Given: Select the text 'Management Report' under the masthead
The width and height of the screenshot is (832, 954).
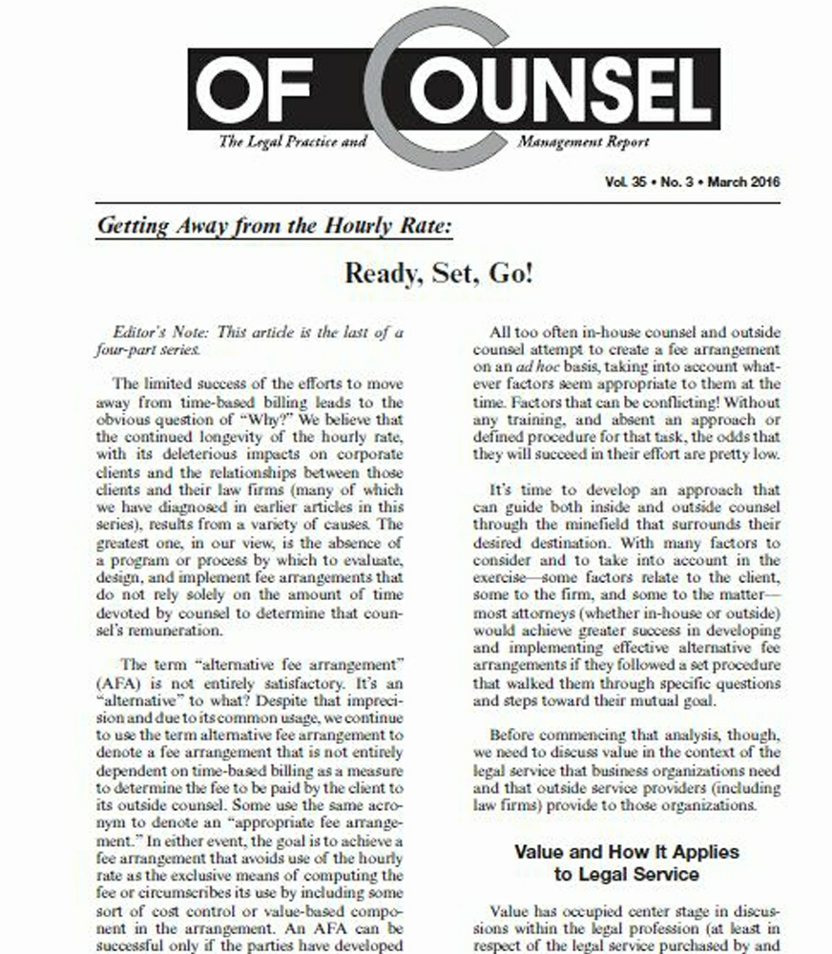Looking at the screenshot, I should coord(583,142).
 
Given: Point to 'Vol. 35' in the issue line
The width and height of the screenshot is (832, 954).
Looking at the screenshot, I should coord(625,181).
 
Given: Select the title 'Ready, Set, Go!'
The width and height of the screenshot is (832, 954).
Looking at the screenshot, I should coord(439,274).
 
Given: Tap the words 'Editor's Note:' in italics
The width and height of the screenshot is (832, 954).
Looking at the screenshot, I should coord(158,332).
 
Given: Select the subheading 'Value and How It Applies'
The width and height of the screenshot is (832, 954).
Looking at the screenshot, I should coord(626,851).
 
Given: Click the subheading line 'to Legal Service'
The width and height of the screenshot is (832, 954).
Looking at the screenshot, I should coord(626,873).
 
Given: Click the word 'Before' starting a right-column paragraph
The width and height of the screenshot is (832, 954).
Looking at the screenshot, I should coord(512,735).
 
